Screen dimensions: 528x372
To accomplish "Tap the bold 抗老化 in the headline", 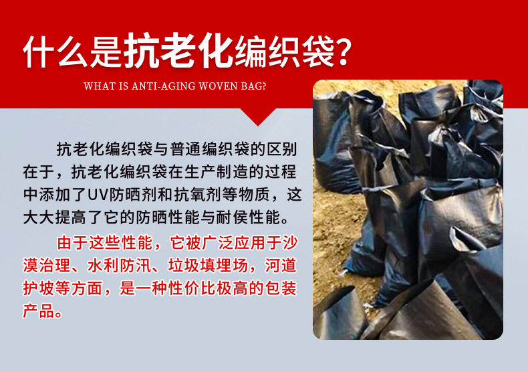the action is click(178, 51).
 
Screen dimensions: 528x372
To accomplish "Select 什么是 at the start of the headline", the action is click(72, 52).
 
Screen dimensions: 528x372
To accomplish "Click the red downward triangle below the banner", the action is click(258, 115).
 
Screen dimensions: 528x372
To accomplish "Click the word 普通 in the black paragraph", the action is click(186, 149).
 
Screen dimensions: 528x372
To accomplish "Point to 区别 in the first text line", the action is click(282, 149).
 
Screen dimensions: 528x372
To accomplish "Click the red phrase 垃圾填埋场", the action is click(208, 266).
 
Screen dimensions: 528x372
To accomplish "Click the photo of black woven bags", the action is click(408, 209).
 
